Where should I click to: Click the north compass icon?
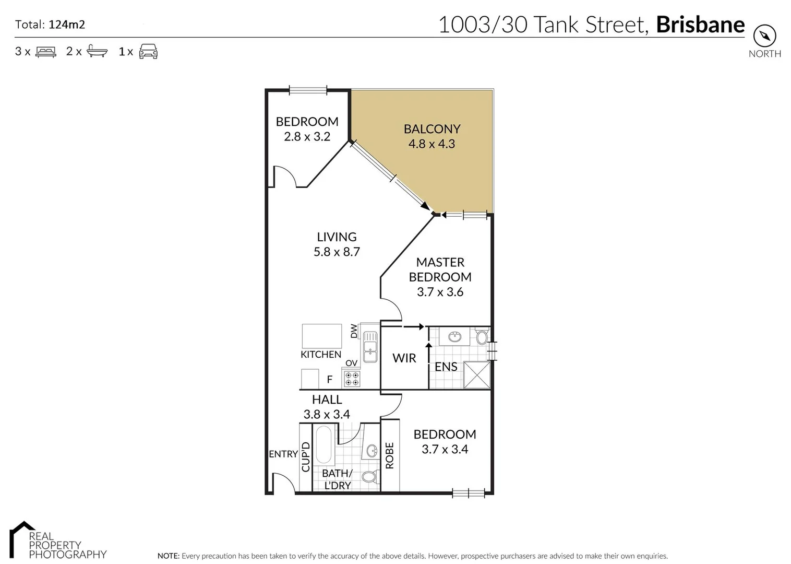pyautogui.click(x=764, y=36)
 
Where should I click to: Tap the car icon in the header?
pyautogui.click(x=148, y=51)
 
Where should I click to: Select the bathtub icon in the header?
pyautogui.click(x=97, y=51)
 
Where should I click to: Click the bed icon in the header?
pyautogui.click(x=46, y=52)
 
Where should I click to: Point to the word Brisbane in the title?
pyautogui.click(x=700, y=25)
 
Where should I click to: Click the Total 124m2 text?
pyautogui.click(x=50, y=24)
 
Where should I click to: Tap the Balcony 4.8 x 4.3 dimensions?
pyautogui.click(x=432, y=144)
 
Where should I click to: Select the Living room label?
pyautogui.click(x=337, y=237)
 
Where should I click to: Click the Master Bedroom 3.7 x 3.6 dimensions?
pyautogui.click(x=440, y=292)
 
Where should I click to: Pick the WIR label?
pyautogui.click(x=404, y=358)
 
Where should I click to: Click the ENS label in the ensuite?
pyautogui.click(x=446, y=367)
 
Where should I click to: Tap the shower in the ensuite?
pyautogui.click(x=477, y=375)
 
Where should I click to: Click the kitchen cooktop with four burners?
pyautogui.click(x=352, y=379)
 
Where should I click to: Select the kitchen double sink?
pyautogui.click(x=370, y=347)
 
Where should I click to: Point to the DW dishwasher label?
pyautogui.click(x=354, y=331)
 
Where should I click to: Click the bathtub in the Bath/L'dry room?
pyautogui.click(x=324, y=445)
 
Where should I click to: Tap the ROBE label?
pyautogui.click(x=390, y=455)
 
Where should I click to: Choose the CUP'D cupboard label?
pyautogui.click(x=306, y=456)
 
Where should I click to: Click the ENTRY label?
pyautogui.click(x=283, y=454)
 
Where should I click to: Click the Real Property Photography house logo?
pyautogui.click(x=22, y=538)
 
